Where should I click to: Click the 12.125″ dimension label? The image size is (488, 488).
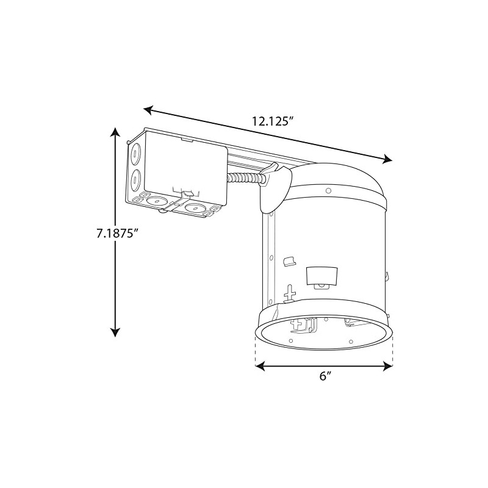coord(273,120)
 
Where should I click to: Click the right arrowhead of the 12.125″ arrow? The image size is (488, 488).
coord(387,160)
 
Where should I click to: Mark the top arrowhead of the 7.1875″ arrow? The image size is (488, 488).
coord(114,132)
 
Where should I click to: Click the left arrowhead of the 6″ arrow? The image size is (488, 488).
coord(259,366)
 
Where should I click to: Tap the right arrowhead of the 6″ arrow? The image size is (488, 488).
coord(388,366)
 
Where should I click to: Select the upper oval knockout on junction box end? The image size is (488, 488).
coord(135,153)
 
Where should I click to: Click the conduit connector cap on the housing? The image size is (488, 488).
coord(276,189)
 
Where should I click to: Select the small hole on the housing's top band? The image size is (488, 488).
coord(328,190)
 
